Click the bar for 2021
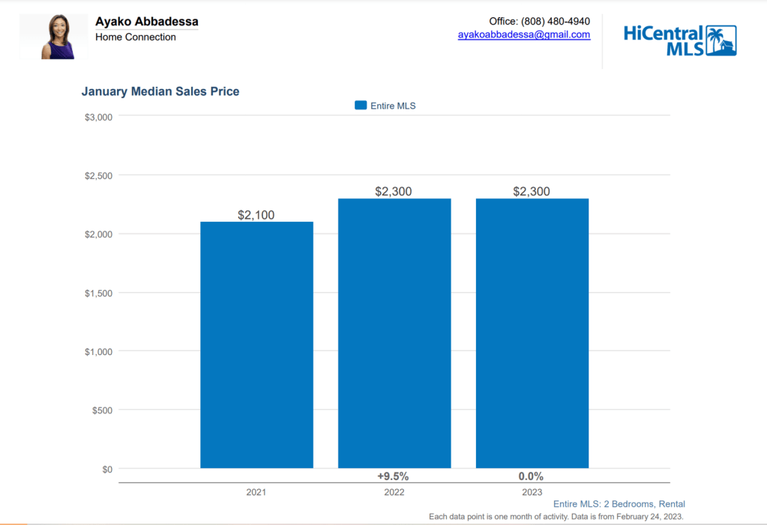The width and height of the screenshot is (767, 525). pyautogui.click(x=256, y=345)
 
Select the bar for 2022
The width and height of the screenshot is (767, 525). pyautogui.click(x=394, y=333)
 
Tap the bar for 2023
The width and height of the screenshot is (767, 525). pyautogui.click(x=532, y=333)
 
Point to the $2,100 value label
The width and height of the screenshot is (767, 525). pyautogui.click(x=256, y=215)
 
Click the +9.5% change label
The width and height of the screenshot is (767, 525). pyautogui.click(x=394, y=476)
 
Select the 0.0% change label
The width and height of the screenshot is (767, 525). pyautogui.click(x=531, y=476)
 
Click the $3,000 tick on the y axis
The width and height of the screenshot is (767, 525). pyautogui.click(x=98, y=117)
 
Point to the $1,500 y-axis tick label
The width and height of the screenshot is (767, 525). pyautogui.click(x=98, y=293)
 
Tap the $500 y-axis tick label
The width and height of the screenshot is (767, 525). pyautogui.click(x=102, y=410)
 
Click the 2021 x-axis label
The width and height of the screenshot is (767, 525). pyautogui.click(x=256, y=493)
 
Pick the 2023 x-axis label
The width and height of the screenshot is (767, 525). pyautogui.click(x=532, y=493)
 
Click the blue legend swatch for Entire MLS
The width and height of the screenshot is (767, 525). pyautogui.click(x=361, y=106)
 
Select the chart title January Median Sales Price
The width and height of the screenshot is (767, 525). pyautogui.click(x=160, y=91)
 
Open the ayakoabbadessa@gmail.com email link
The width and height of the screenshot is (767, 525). pyautogui.click(x=524, y=34)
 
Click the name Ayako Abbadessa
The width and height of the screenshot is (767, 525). pyautogui.click(x=147, y=22)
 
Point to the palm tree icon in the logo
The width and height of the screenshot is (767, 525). pyautogui.click(x=721, y=40)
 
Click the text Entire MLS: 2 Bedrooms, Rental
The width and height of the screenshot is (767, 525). pyautogui.click(x=619, y=504)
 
